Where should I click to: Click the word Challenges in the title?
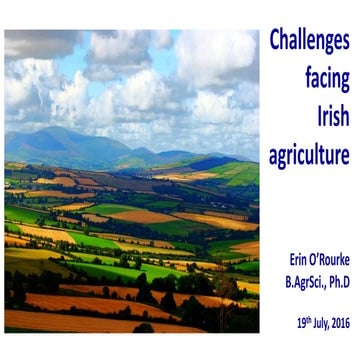pos(309,41)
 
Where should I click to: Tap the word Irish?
pos(329,116)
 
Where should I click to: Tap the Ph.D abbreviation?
pos(335,282)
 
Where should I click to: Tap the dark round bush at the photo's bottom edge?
pos(144,327)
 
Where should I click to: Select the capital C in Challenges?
pos(275,41)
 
